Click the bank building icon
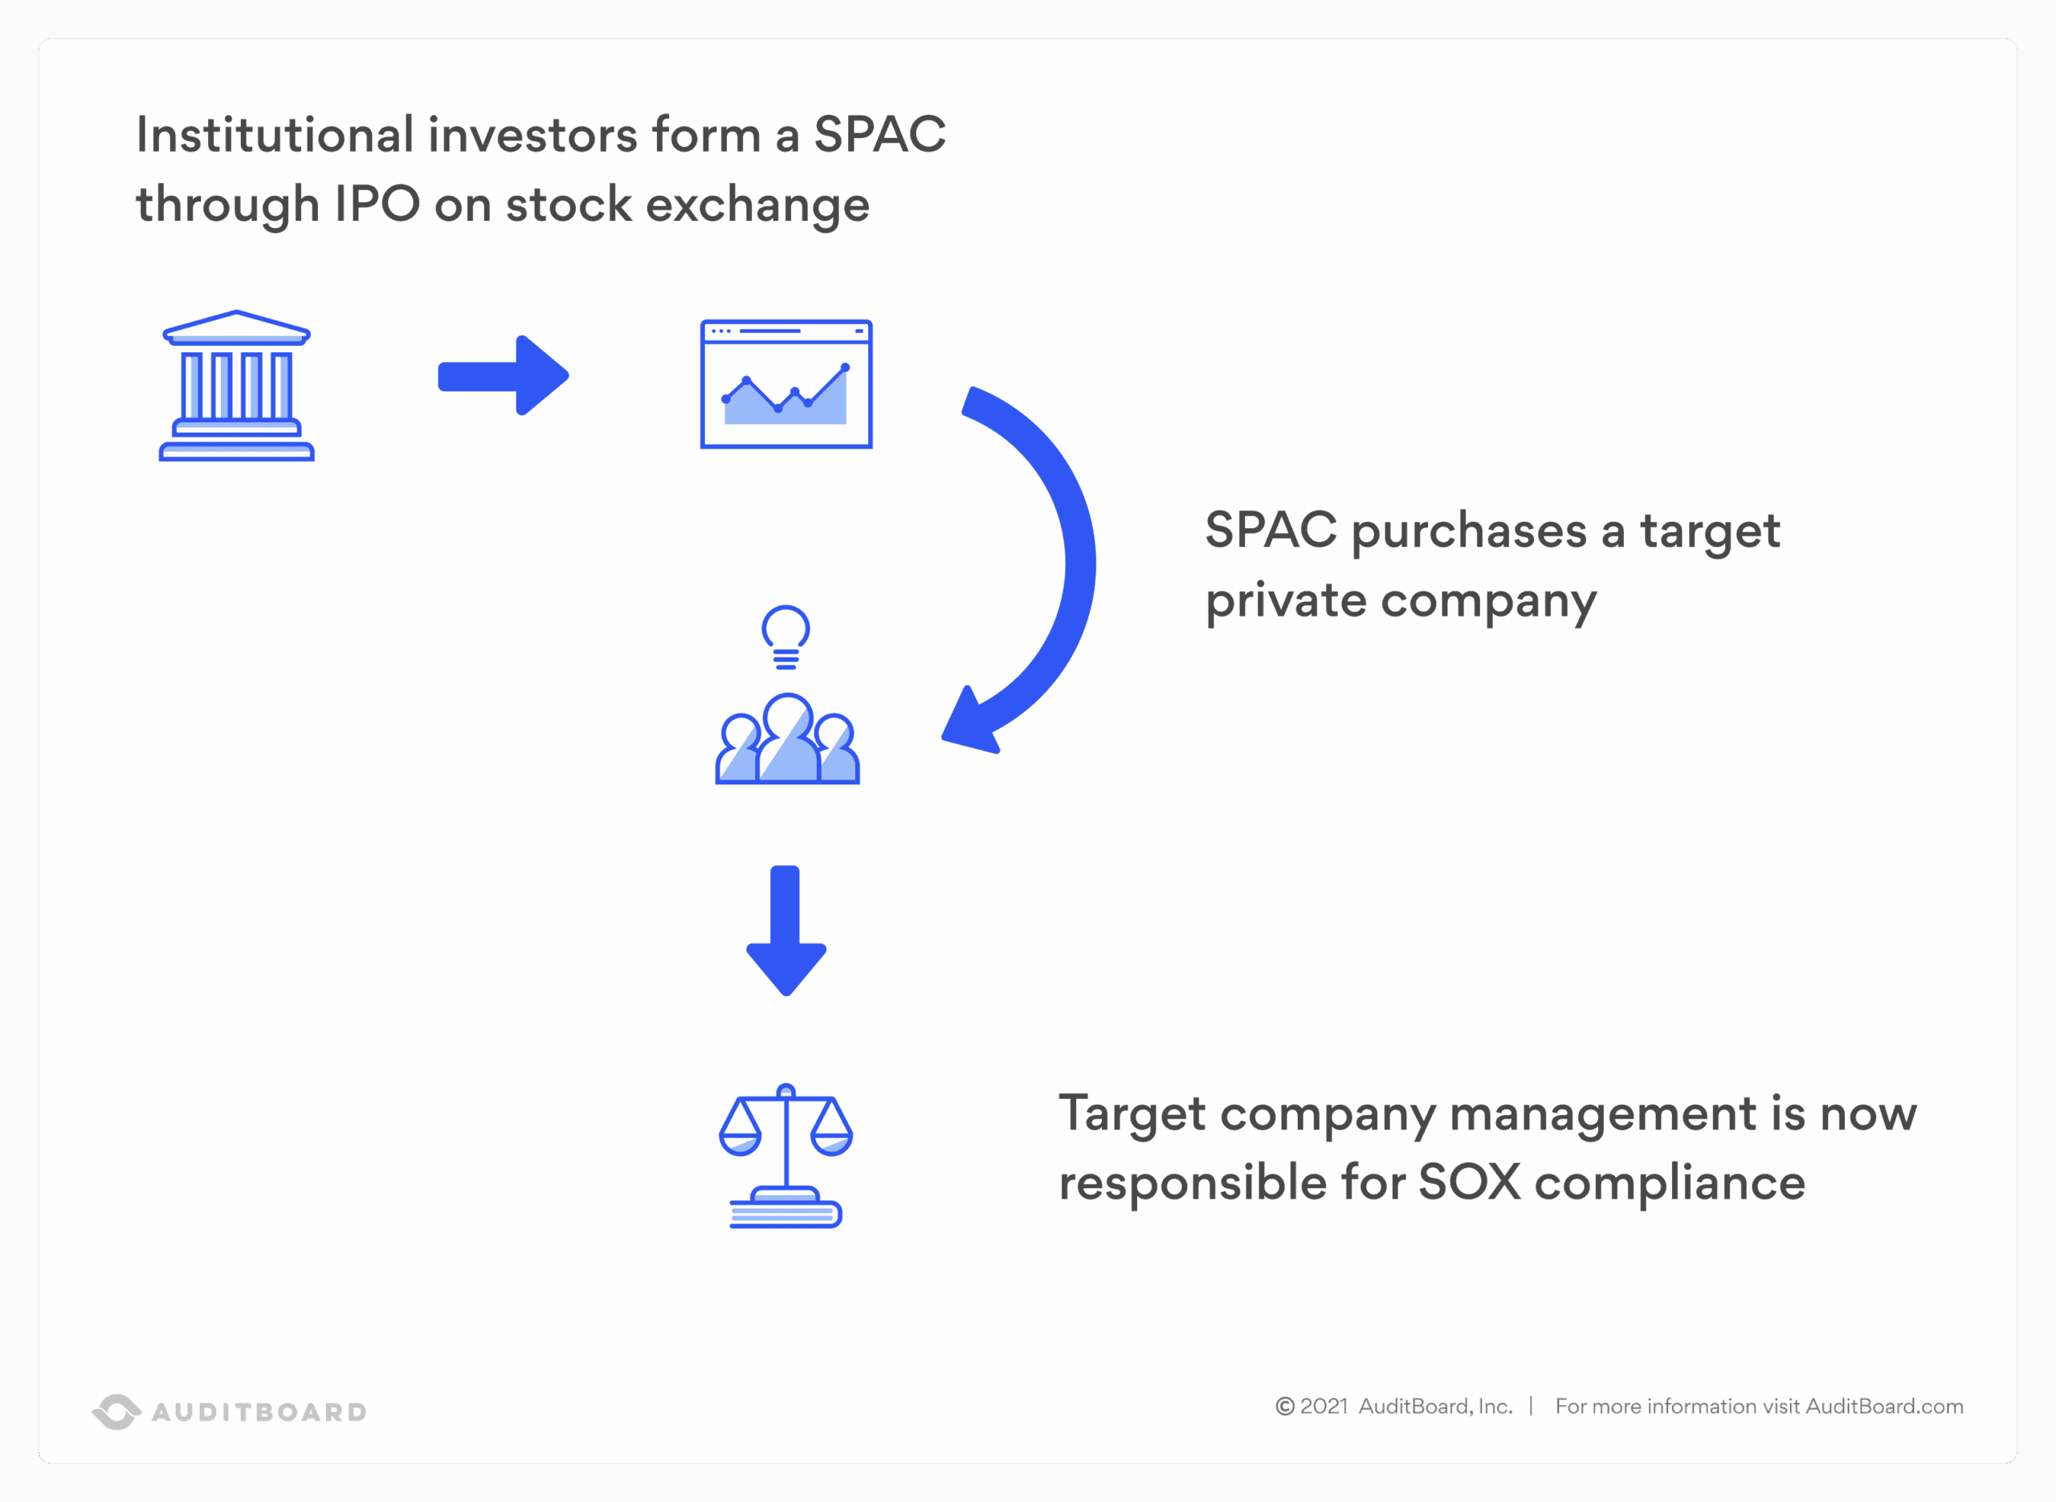[236, 385]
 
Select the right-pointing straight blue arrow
[503, 376]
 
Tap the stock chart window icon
[785, 384]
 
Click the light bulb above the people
[785, 637]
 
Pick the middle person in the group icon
[788, 739]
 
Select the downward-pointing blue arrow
[785, 931]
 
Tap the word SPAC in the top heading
[879, 135]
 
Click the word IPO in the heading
[377, 204]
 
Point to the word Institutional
[275, 135]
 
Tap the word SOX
[1470, 1182]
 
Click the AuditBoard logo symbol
[116, 1411]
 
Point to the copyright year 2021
[1323, 1406]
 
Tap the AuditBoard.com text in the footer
[1884, 1406]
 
